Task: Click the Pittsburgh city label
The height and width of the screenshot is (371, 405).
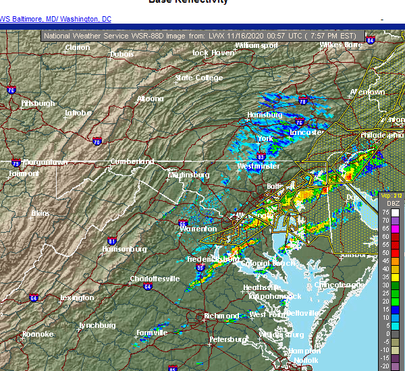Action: click(x=38, y=103)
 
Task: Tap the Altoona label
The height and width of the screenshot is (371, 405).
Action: click(x=150, y=98)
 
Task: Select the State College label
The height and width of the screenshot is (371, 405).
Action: click(x=199, y=78)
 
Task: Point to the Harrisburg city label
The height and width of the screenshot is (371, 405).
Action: click(x=264, y=115)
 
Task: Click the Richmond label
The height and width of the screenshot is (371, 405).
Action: click(x=222, y=316)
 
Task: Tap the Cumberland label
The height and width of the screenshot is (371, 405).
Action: click(x=134, y=162)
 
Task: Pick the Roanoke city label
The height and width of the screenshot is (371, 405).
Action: click(x=37, y=334)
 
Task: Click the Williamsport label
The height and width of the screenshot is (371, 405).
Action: click(x=256, y=46)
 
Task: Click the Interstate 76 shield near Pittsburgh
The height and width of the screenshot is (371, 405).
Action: click(x=11, y=90)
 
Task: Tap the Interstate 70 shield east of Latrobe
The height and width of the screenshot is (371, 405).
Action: click(x=97, y=142)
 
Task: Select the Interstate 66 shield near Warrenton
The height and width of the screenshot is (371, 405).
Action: click(x=182, y=223)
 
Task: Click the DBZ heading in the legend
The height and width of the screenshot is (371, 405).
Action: click(x=393, y=203)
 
